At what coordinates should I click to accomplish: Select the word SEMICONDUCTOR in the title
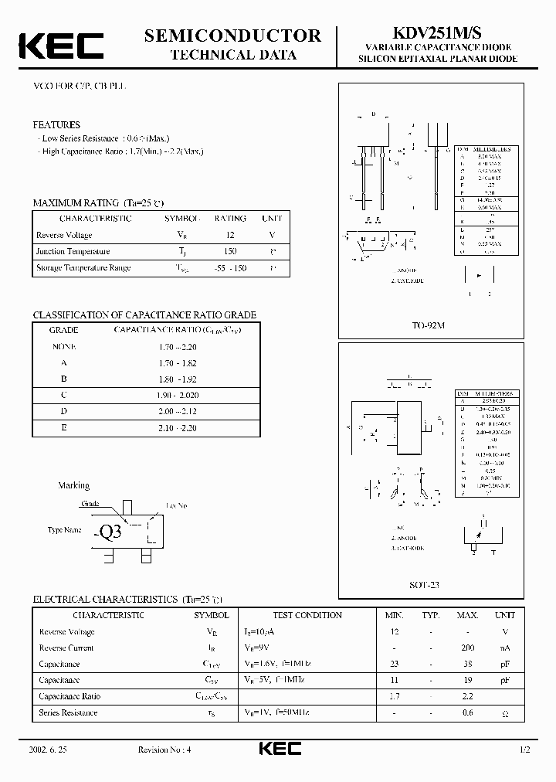pyautogui.click(x=232, y=35)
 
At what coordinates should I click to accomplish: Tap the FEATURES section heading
pyautogui.click(x=56, y=124)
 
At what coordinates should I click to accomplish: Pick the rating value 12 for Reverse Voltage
pyautogui.click(x=230, y=235)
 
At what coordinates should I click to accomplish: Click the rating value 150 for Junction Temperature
pyautogui.click(x=230, y=251)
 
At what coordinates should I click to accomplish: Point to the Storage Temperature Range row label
pyautogui.click(x=83, y=267)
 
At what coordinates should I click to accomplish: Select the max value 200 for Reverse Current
pyautogui.click(x=467, y=648)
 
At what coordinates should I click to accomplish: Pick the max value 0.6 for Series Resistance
pyautogui.click(x=467, y=712)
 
